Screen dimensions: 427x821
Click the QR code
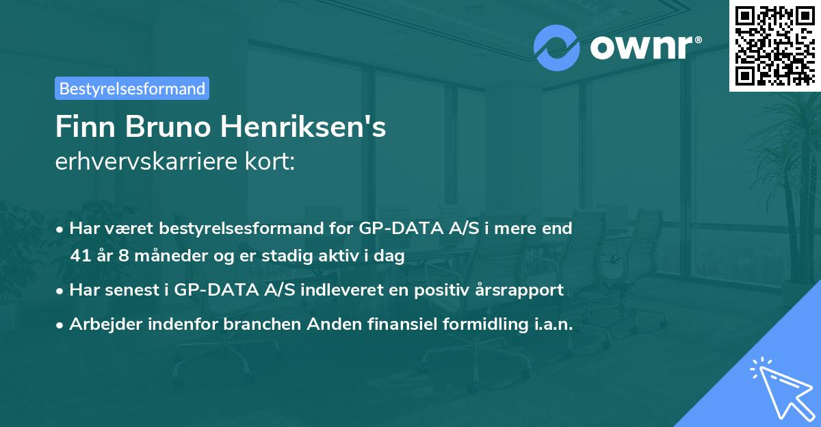click(775, 46)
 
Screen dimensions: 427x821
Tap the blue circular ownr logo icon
click(557, 48)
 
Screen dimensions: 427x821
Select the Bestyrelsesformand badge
click(132, 88)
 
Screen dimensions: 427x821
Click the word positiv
click(435, 289)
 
